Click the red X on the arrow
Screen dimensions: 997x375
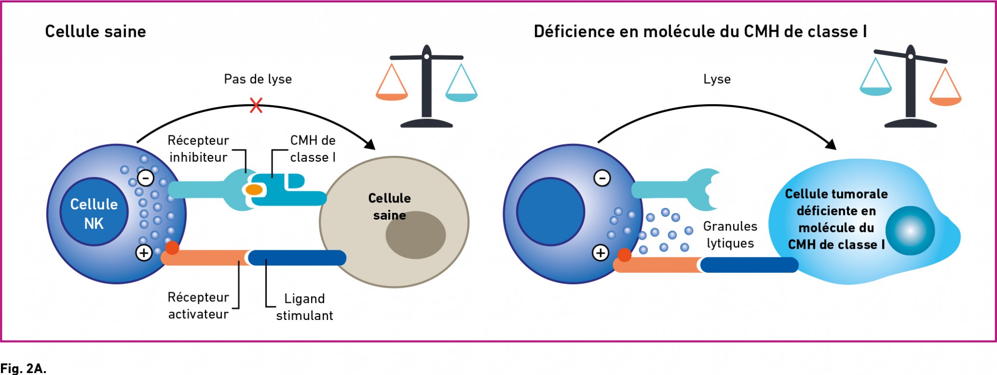[256, 105]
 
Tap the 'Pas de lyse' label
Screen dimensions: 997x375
[258, 79]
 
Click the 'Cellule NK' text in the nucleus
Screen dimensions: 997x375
[94, 214]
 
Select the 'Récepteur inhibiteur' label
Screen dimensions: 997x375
[198, 149]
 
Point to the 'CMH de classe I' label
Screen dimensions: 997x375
[313, 149]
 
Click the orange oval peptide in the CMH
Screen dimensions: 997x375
[254, 189]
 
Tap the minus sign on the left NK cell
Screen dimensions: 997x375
[146, 178]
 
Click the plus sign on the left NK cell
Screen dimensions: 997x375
[144, 253]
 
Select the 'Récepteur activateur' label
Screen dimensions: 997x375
[198, 305]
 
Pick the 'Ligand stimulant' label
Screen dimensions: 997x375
[305, 307]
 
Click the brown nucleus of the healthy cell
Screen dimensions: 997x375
[416, 235]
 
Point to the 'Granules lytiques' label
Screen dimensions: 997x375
[730, 234]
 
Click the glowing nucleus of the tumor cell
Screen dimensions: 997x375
[910, 231]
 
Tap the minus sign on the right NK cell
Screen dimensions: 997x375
[602, 178]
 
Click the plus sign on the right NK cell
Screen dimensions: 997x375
[601, 253]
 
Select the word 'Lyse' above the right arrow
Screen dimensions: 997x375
[717, 79]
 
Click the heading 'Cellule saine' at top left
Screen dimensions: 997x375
[95, 32]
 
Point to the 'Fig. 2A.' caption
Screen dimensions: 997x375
[23, 368]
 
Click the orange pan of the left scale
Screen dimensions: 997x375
[392, 96]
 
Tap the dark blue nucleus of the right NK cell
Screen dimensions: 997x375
[551, 212]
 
